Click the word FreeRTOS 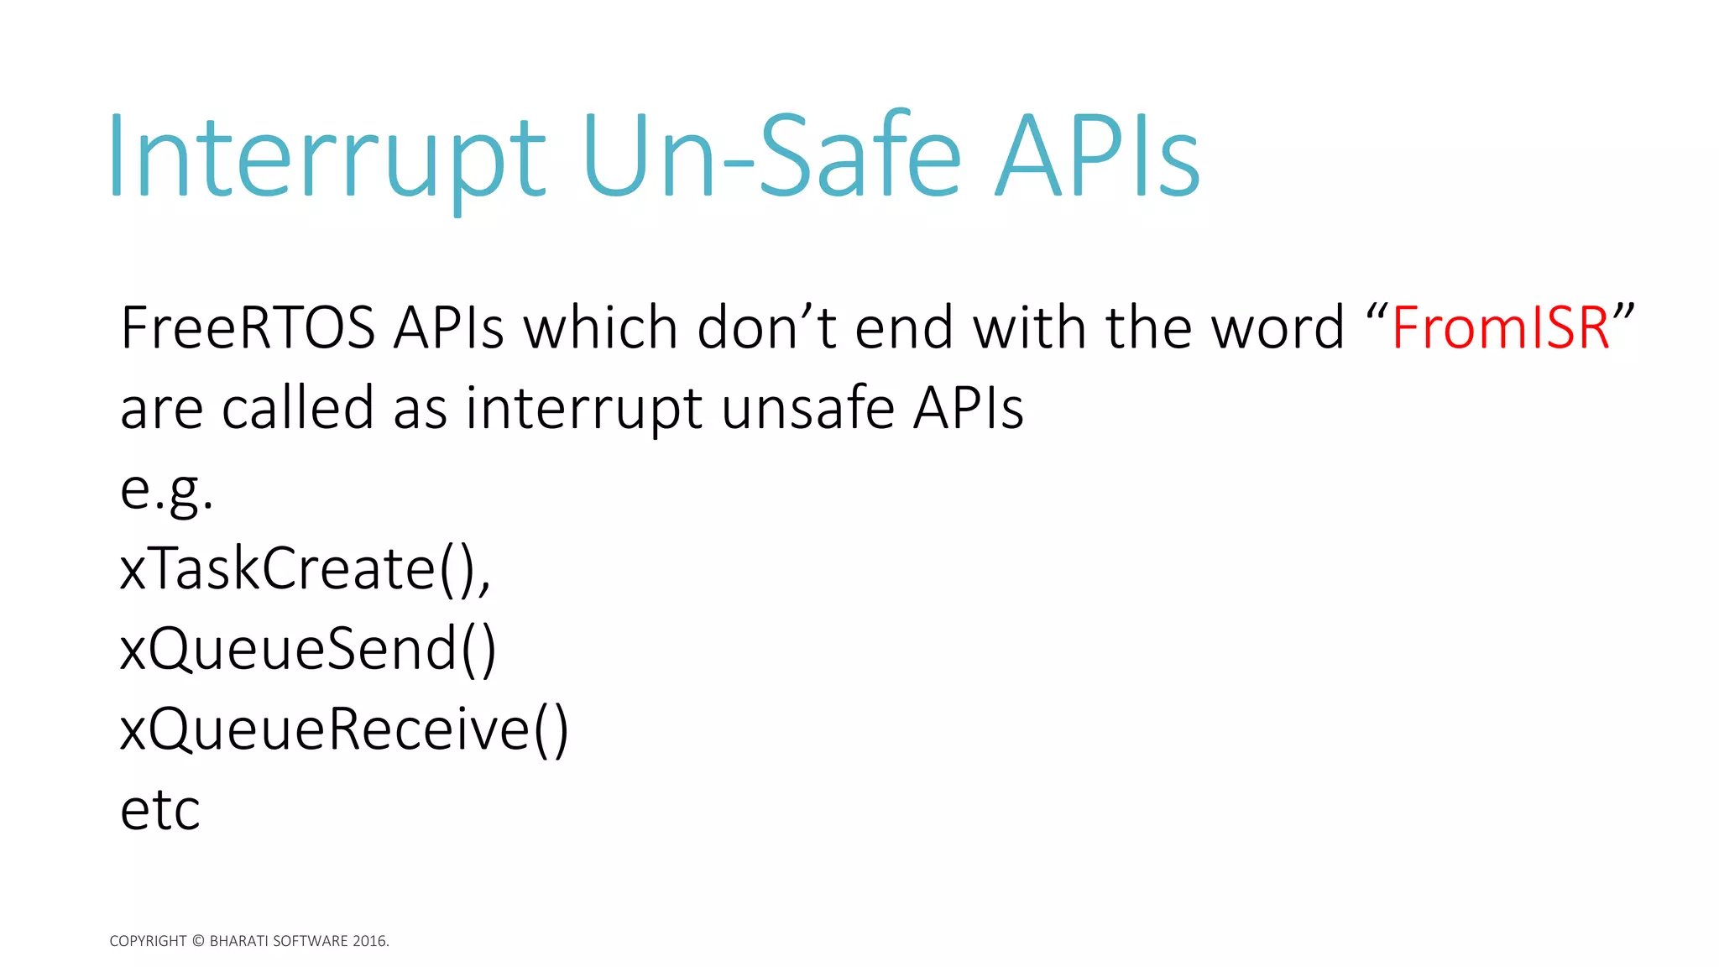tap(248, 327)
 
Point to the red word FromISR tap(1500, 327)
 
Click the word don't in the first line tap(766, 327)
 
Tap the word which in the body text tap(600, 327)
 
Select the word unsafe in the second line tap(807, 409)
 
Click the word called tap(297, 409)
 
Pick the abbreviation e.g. tap(166, 490)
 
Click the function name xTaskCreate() tap(305, 569)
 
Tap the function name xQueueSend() tap(308, 650)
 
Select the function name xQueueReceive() tap(344, 729)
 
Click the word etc tap(160, 810)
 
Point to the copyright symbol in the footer tap(198, 941)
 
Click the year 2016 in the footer tap(370, 941)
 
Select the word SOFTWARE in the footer tap(311, 941)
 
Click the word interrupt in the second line tap(583, 409)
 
